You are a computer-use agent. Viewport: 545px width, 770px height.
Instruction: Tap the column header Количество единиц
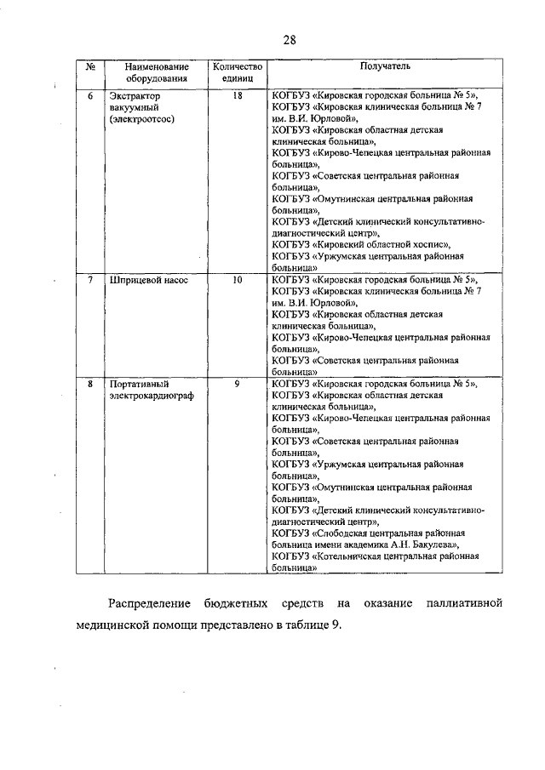coord(238,71)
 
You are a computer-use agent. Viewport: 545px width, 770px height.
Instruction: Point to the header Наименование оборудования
coord(155,71)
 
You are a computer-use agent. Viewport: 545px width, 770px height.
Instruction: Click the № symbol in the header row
coord(90,66)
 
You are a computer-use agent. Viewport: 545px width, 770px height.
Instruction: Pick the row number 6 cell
coord(90,96)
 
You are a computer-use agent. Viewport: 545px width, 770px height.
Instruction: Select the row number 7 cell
coord(90,279)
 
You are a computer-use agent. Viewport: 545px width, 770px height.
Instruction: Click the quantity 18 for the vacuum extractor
coord(238,96)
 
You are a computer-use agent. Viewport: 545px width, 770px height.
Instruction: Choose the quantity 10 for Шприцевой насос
coord(238,279)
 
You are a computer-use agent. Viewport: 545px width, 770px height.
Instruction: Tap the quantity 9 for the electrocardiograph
coord(238,384)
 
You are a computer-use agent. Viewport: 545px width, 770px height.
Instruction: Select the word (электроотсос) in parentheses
coord(141,120)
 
